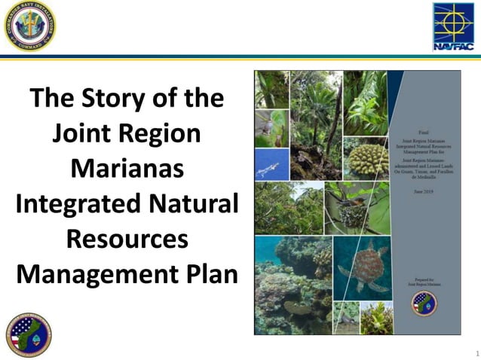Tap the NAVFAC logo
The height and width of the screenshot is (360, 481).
coord(452,26)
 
